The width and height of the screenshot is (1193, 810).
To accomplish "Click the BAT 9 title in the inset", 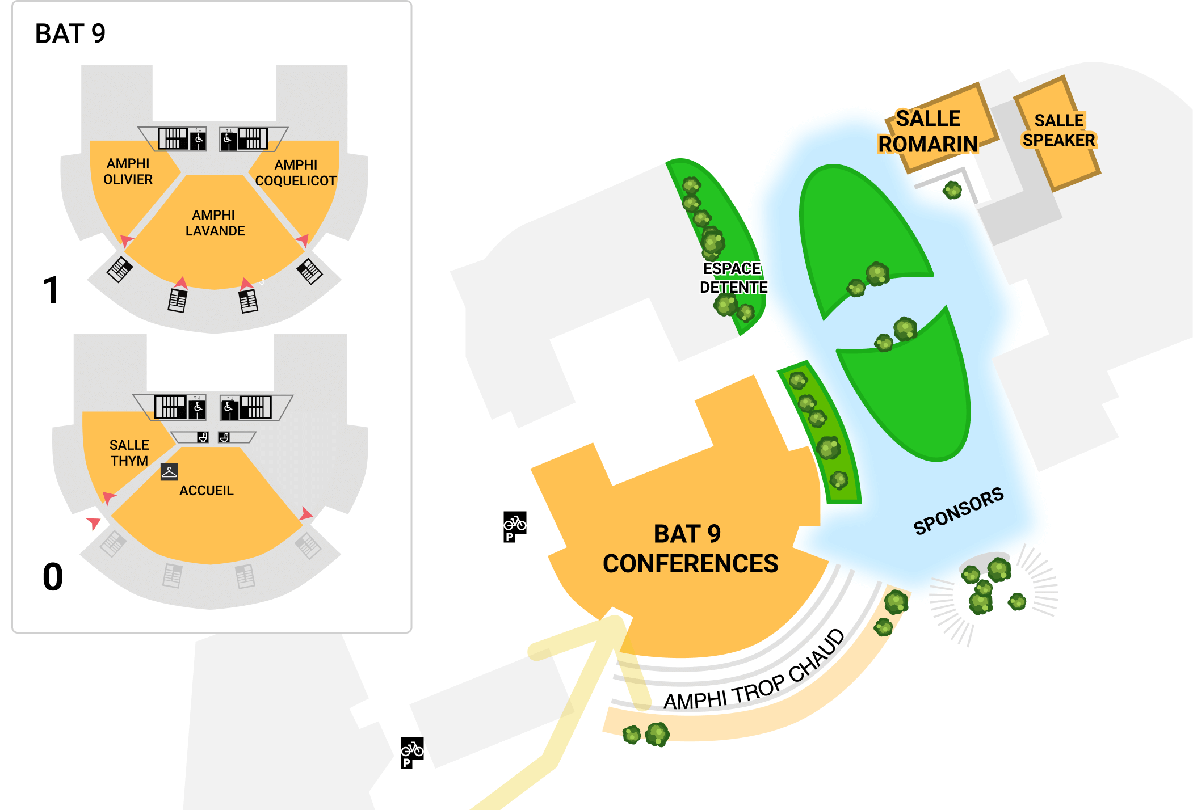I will tap(70, 33).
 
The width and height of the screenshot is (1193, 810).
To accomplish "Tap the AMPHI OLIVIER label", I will tap(128, 171).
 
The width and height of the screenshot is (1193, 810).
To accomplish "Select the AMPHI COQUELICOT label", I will tap(296, 173).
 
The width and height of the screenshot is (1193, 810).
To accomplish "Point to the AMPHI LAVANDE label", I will tap(215, 223).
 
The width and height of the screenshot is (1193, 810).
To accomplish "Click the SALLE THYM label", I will tap(129, 453).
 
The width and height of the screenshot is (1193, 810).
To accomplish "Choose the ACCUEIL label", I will tap(207, 491).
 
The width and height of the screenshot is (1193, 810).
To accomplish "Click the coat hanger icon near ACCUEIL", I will tap(169, 472).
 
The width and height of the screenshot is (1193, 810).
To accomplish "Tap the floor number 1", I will tap(51, 290).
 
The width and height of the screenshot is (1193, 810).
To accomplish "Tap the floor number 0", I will tap(53, 577).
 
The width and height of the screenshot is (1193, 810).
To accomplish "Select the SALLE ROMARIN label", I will tap(929, 132).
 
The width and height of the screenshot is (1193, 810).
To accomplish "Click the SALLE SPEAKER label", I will tap(1059, 130).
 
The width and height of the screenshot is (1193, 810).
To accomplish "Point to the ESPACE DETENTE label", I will tap(733, 278).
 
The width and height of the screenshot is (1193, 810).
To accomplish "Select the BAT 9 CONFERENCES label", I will tap(690, 549).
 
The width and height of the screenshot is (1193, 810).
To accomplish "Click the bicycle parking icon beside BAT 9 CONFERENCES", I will tap(515, 527).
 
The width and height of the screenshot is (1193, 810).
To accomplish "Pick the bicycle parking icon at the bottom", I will tap(412, 753).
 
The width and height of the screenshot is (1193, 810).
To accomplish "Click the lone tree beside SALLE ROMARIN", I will tap(952, 190).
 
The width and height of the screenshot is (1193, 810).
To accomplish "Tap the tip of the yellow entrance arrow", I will tap(616, 619).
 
